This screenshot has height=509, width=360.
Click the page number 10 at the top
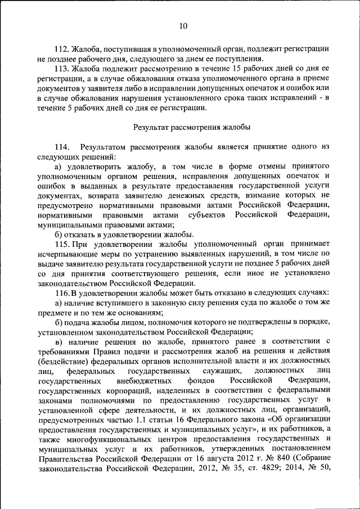[183, 25]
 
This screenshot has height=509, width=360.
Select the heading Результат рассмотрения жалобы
[192, 127]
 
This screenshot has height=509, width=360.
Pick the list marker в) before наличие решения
[59, 343]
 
